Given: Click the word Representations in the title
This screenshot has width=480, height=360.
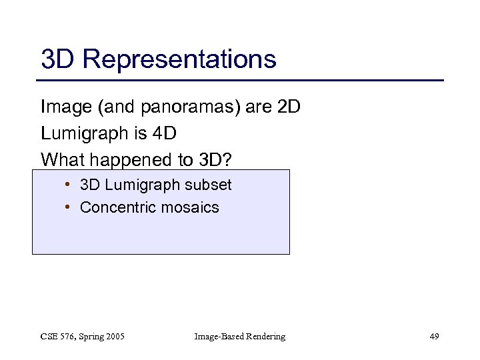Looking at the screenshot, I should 179,59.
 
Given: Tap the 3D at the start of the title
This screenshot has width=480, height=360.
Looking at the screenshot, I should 57,59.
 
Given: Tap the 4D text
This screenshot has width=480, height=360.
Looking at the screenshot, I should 163,134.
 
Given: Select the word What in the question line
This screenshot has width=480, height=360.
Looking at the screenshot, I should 61,160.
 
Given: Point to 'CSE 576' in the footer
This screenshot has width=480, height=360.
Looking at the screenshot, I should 58,337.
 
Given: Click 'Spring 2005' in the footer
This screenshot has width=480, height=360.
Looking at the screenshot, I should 101,337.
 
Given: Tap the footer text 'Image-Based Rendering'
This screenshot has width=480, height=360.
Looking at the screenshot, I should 239,337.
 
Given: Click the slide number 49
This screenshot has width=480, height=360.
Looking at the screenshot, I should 434,337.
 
